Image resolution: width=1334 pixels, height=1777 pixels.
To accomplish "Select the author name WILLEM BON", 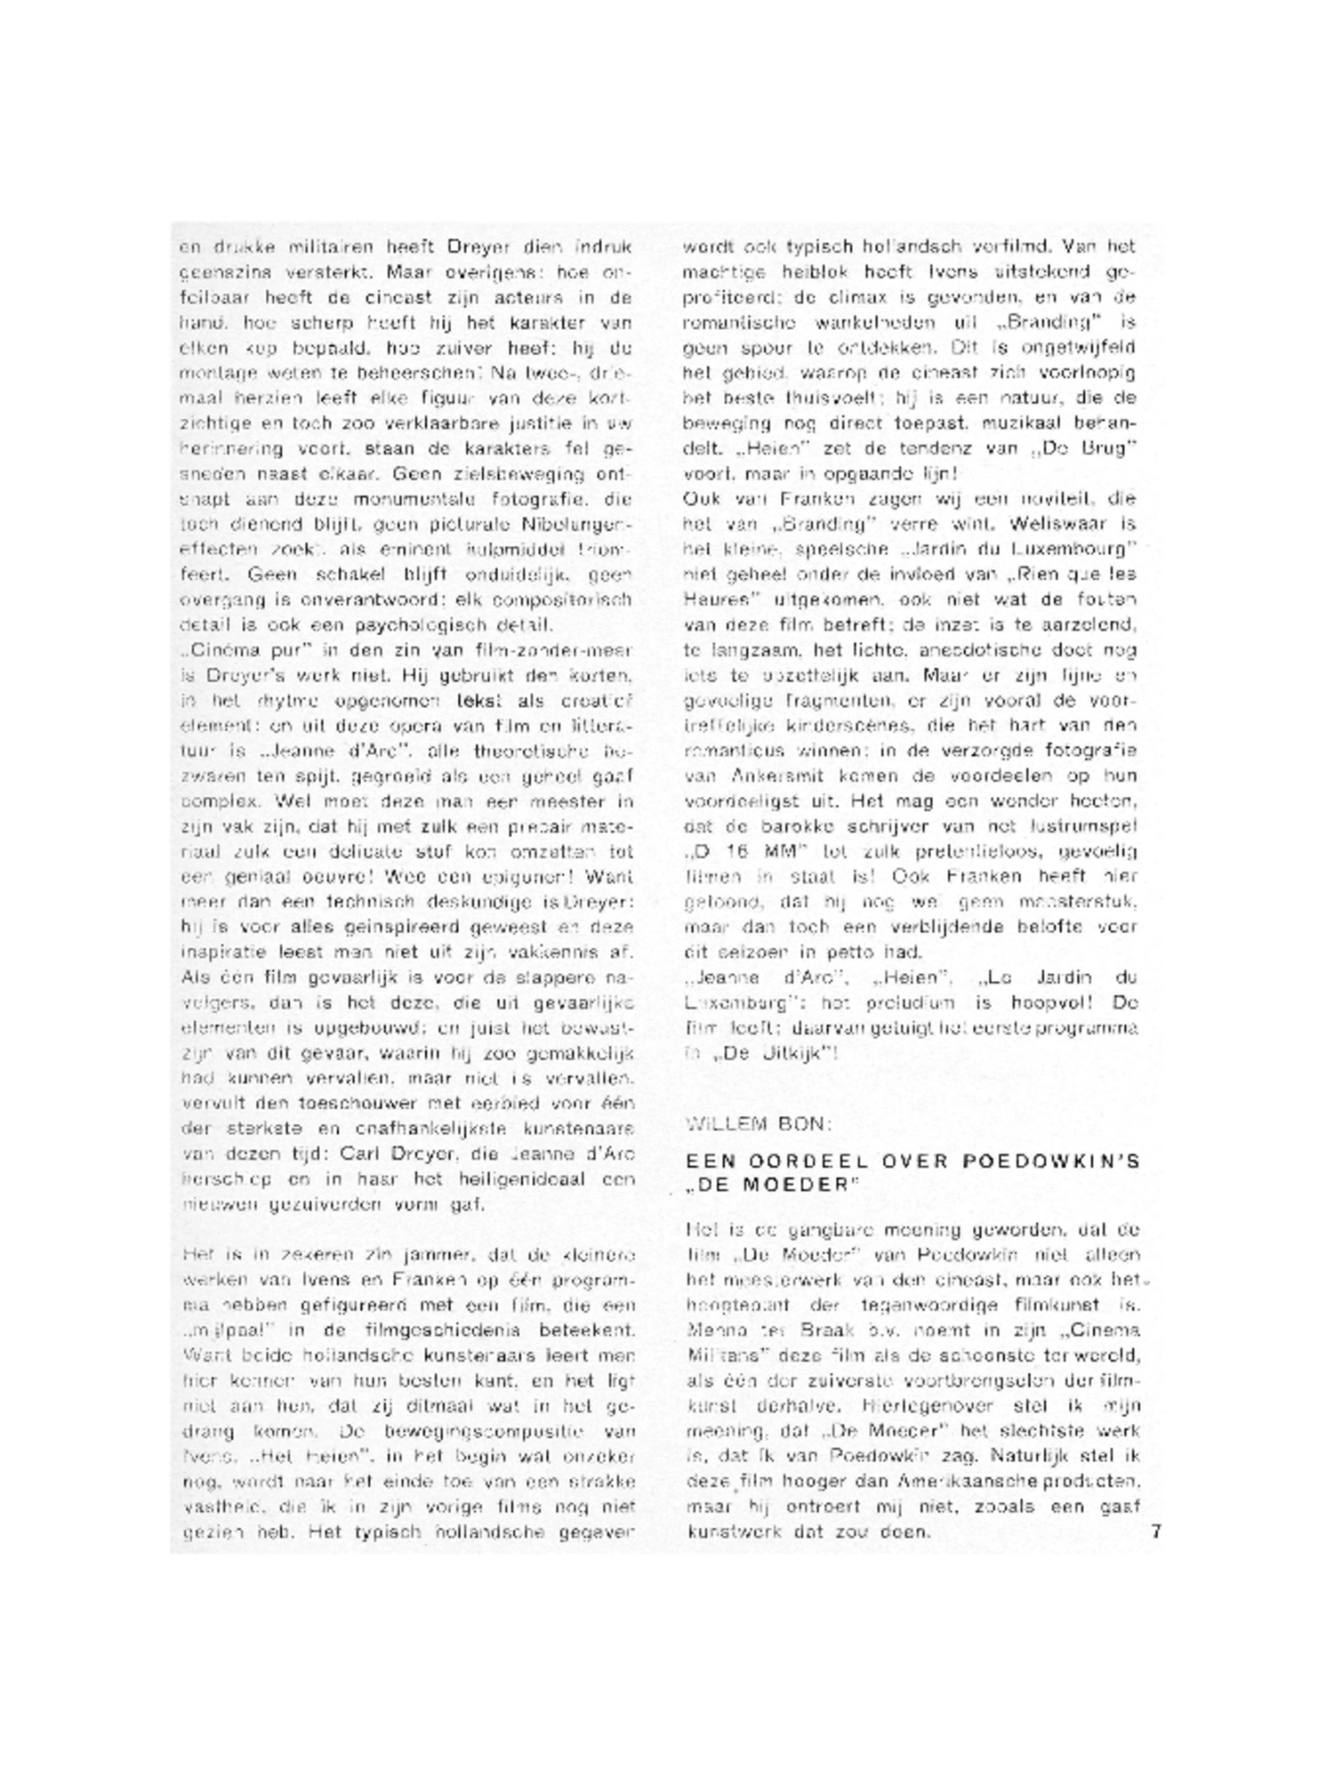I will click(759, 1123).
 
